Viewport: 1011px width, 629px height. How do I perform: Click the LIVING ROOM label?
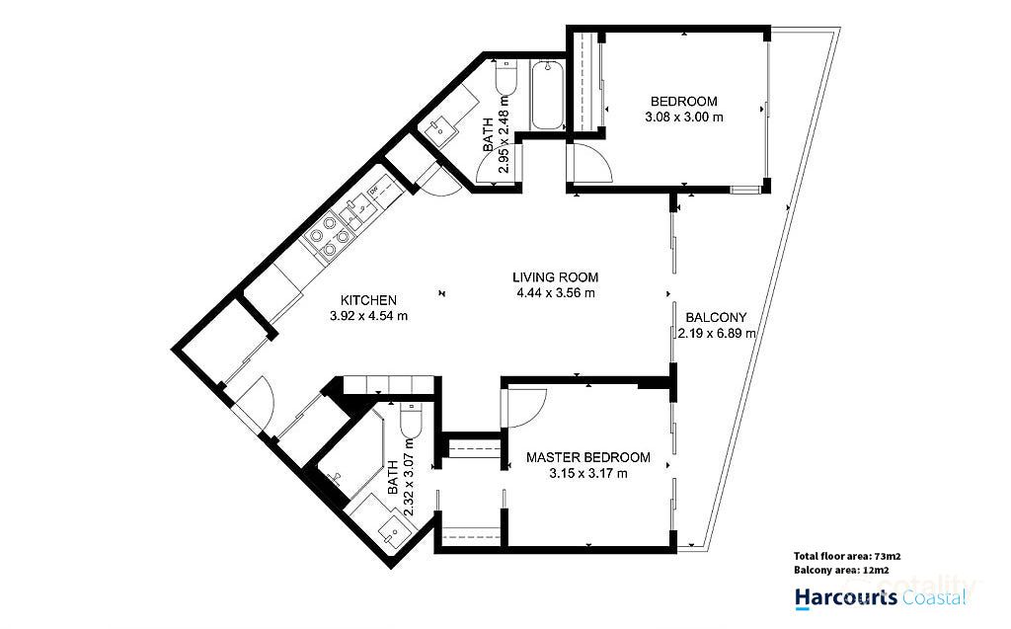coord(556,277)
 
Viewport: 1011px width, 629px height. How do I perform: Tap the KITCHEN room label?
coord(368,300)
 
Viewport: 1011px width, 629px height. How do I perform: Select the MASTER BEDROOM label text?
coord(587,457)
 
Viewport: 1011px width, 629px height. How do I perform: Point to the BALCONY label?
coord(716,317)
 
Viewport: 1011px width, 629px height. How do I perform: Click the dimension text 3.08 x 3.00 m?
coord(682,117)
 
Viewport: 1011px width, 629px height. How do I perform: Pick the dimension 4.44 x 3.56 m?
coord(556,293)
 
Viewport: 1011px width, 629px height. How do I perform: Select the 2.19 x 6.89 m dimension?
coord(717,334)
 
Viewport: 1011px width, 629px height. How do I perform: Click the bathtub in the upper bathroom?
coord(547,96)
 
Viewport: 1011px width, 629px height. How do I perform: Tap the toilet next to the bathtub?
coord(505,81)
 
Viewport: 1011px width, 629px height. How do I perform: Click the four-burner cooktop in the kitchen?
coord(328,237)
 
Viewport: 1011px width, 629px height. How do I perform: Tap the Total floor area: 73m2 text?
coord(846,555)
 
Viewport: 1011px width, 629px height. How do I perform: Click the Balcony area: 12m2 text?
coord(840,571)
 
